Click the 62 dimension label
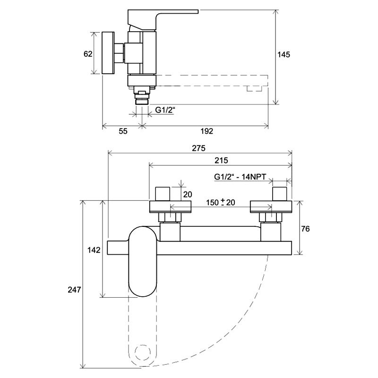[88, 54]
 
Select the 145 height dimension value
[284, 54]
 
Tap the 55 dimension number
[123, 131]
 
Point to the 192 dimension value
[207, 131]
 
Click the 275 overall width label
[198, 148]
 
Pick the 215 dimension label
[221, 160]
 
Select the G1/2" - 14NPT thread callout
[240, 177]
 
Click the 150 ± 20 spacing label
[220, 202]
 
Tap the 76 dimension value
[305, 229]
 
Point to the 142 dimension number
[94, 250]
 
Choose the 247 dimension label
[74, 290]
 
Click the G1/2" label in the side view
[165, 110]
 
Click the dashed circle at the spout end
[142, 353]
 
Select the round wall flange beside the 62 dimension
[108, 53]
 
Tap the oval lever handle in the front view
[143, 261]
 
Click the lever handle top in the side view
[163, 19]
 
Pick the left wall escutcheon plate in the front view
[170, 207]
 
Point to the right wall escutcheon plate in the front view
[271, 207]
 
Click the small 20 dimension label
[187, 194]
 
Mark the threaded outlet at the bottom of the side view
[142, 99]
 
